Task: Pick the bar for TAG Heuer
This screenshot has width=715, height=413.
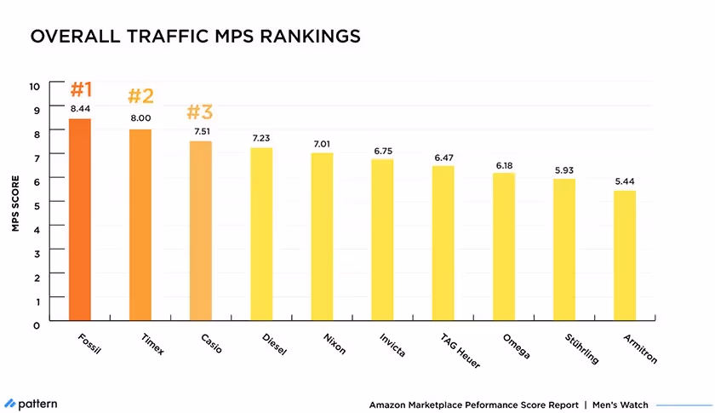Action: pos(443,244)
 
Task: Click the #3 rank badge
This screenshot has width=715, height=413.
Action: pos(199,112)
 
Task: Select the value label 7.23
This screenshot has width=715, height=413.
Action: pos(260,138)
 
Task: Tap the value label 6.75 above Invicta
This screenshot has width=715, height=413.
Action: pos(382,150)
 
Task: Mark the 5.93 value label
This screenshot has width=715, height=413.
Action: pos(564,169)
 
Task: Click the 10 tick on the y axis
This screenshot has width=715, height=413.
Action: pos(34,86)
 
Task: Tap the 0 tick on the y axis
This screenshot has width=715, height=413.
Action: pos(37,324)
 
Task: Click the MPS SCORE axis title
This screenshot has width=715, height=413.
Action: pos(15,204)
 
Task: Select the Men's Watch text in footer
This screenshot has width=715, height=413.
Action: pos(620,404)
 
